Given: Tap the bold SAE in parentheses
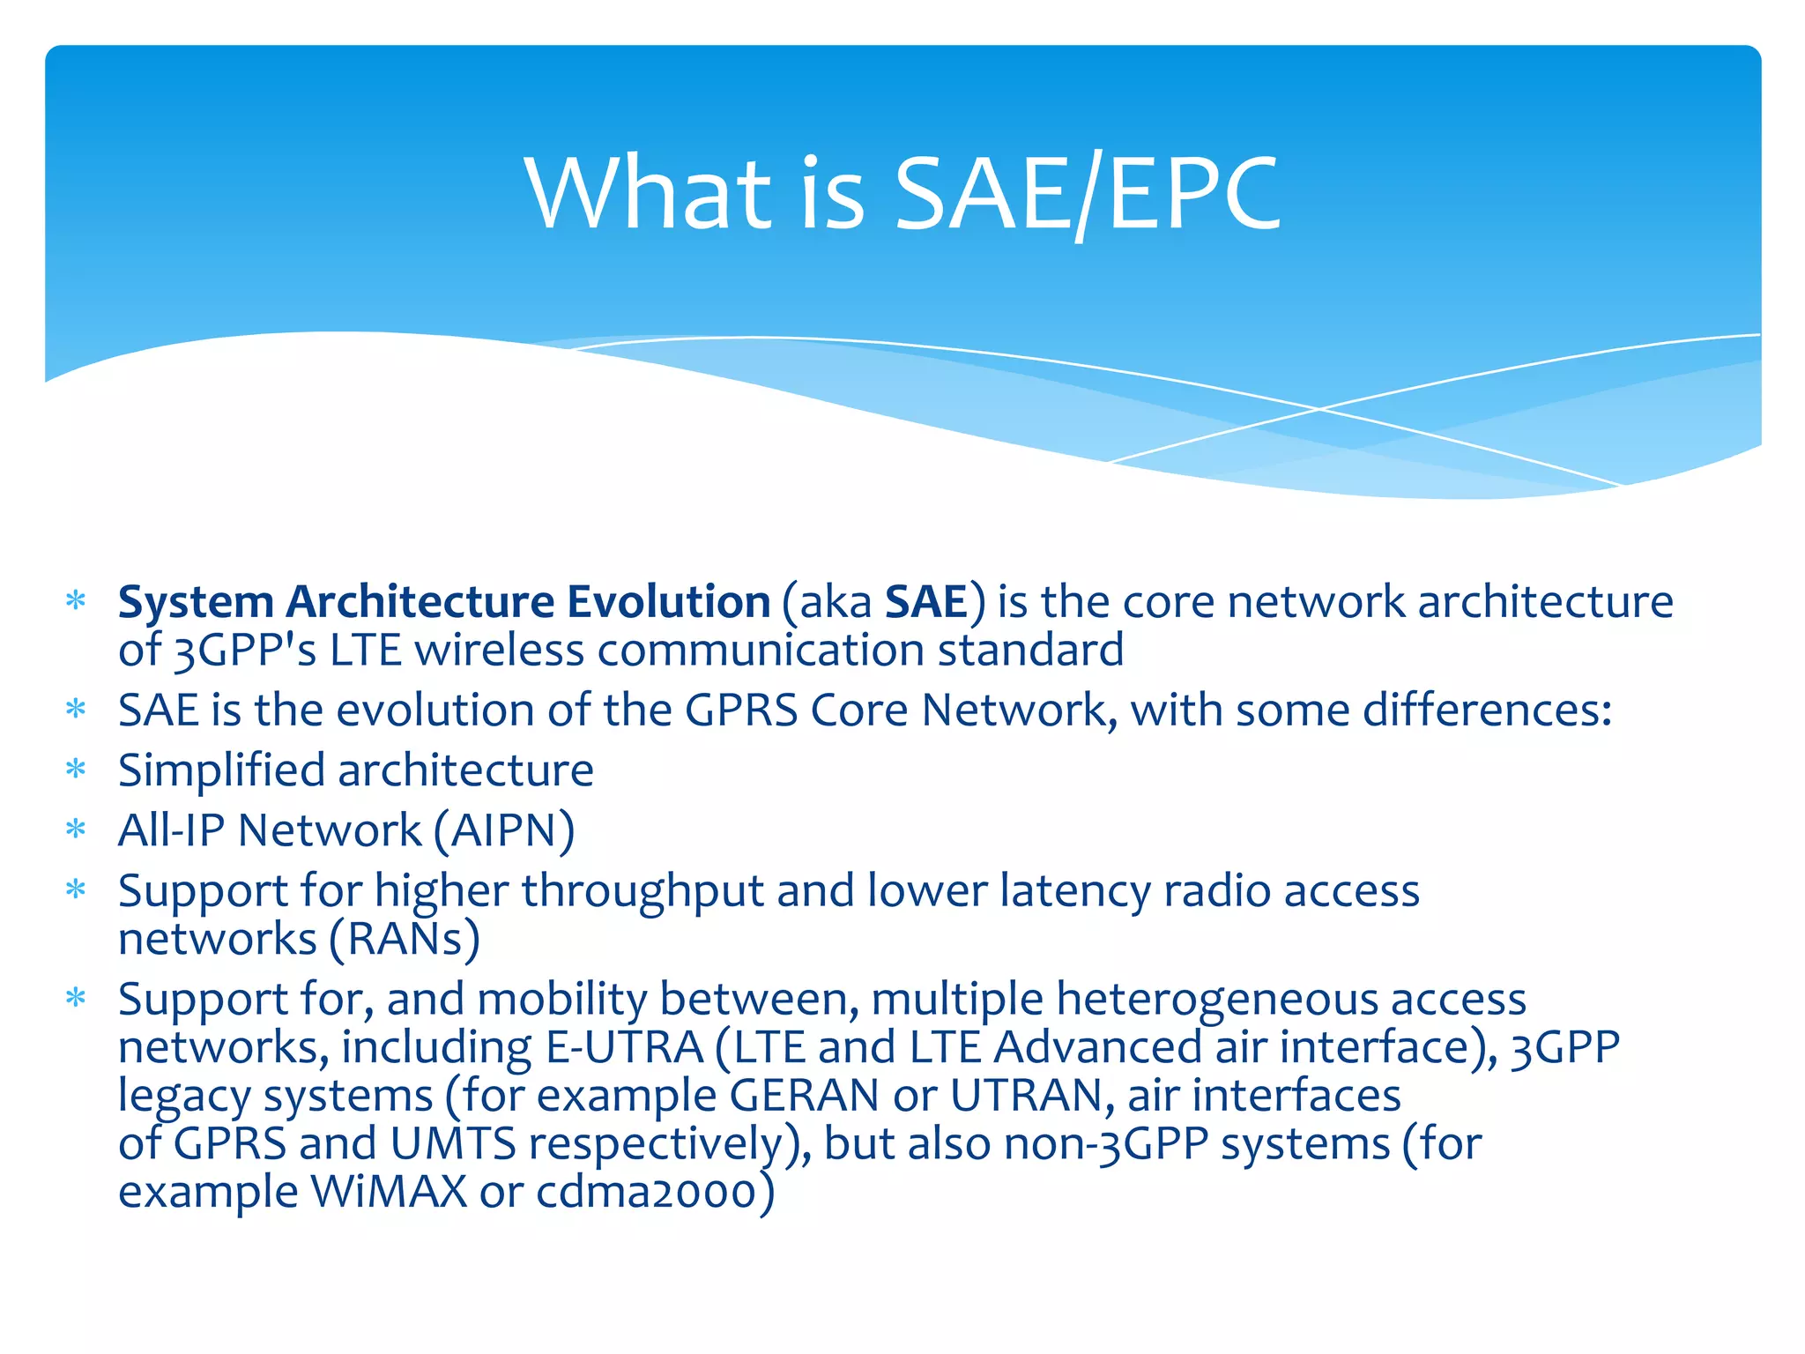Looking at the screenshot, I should (925, 602).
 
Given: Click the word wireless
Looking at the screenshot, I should (499, 651).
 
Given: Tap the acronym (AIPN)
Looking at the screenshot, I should (504, 831).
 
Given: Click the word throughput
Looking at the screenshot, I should (643, 891).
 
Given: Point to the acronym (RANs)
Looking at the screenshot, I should (405, 940).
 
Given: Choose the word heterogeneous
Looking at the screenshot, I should (1216, 1001).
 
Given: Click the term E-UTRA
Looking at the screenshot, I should (624, 1048).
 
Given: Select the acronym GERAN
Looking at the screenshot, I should (804, 1097).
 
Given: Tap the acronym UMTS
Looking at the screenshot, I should (452, 1144).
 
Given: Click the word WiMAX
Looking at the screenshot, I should (389, 1192).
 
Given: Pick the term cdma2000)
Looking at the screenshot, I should (655, 1192).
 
